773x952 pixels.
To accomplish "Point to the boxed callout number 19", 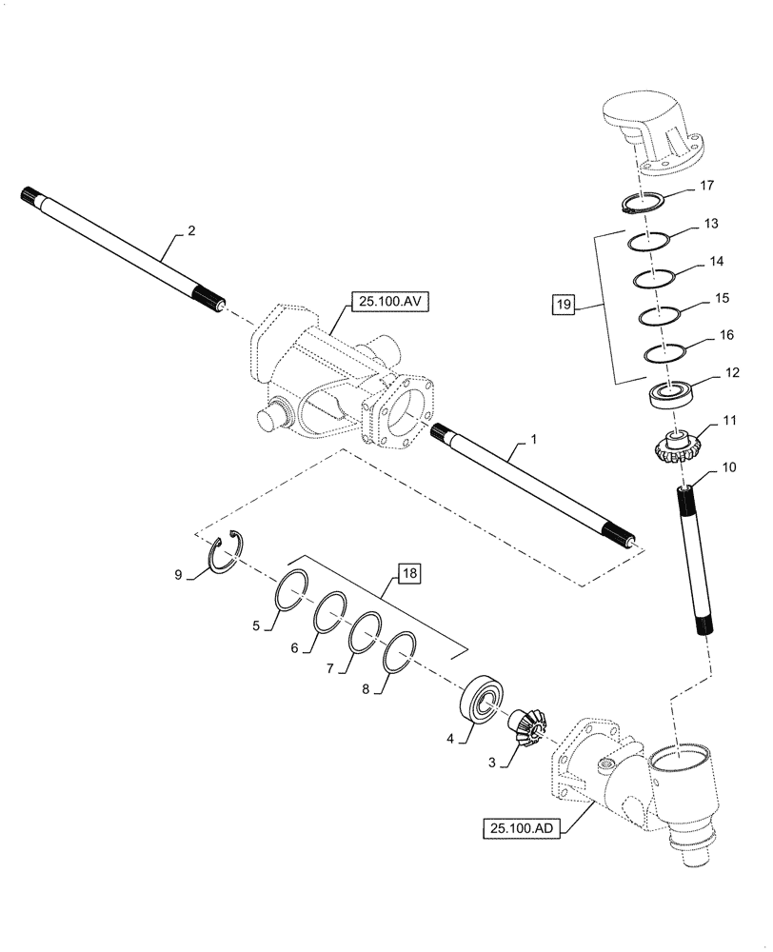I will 564,306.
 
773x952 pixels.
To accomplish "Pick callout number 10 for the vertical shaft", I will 728,467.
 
